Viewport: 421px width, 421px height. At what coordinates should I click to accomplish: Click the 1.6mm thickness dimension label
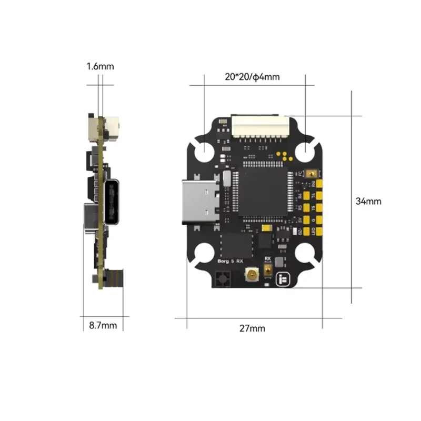pyautogui.click(x=100, y=67)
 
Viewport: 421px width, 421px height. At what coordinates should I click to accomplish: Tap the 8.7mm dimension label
pyautogui.click(x=103, y=325)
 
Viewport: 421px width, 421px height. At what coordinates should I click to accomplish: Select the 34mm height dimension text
pyautogui.click(x=368, y=201)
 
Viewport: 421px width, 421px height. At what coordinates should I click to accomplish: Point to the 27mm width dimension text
pyautogui.click(x=253, y=328)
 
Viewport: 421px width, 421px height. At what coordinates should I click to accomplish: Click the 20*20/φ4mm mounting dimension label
pyautogui.click(x=252, y=77)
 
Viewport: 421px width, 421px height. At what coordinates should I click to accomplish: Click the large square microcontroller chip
pyautogui.click(x=263, y=193)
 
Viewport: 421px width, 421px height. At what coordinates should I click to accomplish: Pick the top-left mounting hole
pyautogui.click(x=204, y=152)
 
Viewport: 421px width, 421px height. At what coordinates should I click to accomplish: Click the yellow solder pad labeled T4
pyautogui.click(x=319, y=195)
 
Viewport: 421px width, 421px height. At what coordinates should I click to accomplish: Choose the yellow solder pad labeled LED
pyautogui.click(x=319, y=232)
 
